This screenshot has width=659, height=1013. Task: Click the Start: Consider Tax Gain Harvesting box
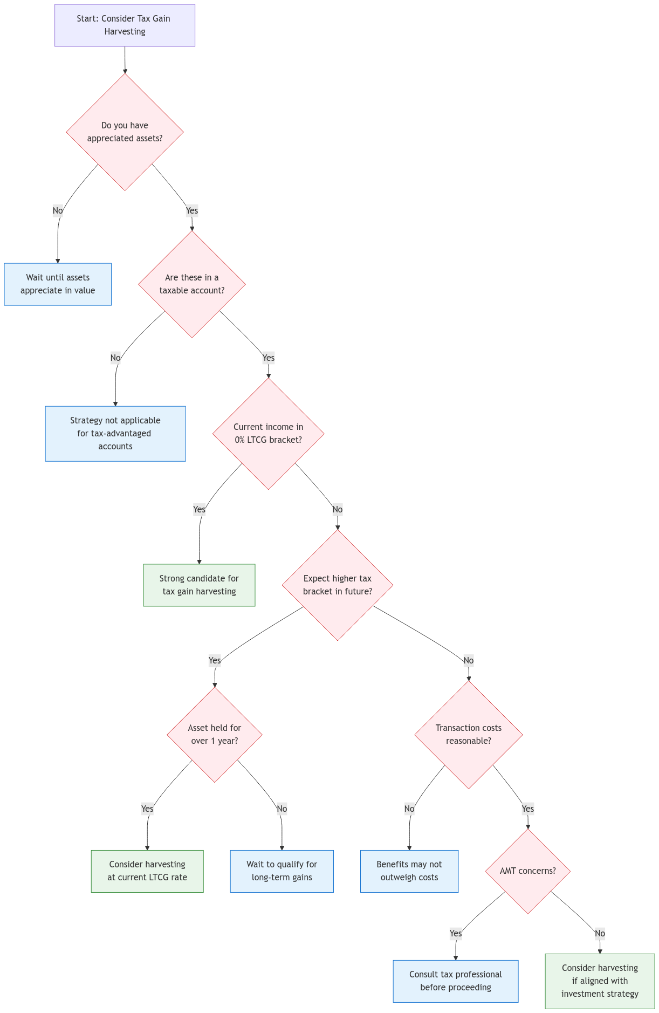(125, 25)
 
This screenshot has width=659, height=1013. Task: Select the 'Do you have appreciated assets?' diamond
(125, 132)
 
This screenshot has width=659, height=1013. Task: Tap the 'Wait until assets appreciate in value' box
(58, 284)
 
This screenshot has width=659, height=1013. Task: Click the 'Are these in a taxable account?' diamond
(192, 284)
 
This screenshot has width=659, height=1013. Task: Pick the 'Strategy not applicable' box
(115, 434)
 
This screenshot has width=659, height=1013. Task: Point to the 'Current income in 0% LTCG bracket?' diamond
(269, 434)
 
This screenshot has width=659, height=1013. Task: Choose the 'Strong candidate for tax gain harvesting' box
(199, 585)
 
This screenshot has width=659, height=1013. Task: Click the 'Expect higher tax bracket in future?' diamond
(338, 585)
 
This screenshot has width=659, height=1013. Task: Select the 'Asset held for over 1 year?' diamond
(215, 735)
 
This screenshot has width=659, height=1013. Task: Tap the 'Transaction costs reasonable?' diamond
(469, 735)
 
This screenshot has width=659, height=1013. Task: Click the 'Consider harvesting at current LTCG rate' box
(147, 871)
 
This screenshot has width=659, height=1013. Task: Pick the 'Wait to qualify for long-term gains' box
(282, 871)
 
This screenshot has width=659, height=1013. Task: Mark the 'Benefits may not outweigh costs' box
(409, 871)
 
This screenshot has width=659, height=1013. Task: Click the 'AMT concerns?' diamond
(528, 871)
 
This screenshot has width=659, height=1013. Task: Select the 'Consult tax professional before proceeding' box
(456, 981)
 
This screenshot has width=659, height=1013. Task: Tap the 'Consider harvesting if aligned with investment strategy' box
(600, 981)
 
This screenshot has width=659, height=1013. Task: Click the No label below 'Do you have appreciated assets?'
(58, 210)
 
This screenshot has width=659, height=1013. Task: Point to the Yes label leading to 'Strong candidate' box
(200, 509)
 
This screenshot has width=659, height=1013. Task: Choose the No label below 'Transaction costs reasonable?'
(409, 809)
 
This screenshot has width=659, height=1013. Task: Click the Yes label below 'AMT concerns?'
(456, 933)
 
